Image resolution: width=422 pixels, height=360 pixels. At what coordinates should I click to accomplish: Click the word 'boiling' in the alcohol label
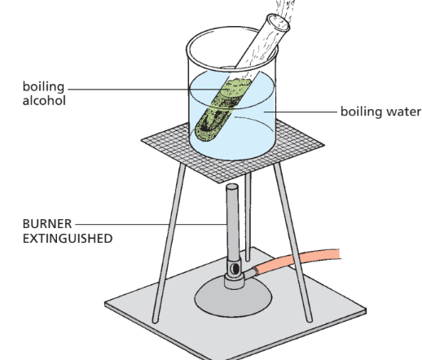click(43, 87)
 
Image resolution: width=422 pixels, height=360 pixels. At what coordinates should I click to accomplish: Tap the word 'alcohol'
click(44, 101)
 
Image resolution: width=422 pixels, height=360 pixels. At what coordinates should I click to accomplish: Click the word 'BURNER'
click(47, 224)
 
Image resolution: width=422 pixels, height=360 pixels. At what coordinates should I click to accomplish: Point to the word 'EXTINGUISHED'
click(68, 239)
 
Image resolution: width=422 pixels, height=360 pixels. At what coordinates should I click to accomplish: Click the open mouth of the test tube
click(279, 23)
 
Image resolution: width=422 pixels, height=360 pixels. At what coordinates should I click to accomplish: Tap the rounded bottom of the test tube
click(206, 133)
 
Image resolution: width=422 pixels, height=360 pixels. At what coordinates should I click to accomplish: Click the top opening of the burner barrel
click(232, 187)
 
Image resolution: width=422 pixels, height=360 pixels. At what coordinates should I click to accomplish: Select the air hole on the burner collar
click(235, 269)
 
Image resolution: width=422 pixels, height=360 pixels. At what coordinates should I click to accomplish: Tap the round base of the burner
click(233, 298)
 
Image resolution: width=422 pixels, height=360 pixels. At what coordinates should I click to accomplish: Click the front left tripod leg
click(169, 243)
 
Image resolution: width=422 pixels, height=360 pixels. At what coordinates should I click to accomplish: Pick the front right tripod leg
click(292, 243)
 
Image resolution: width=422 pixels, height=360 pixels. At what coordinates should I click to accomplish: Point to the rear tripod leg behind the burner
click(248, 217)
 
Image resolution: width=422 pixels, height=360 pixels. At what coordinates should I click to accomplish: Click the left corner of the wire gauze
click(142, 140)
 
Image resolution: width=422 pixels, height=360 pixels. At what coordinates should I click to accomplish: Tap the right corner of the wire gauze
click(324, 145)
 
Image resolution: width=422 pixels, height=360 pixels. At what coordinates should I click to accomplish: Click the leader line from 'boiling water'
click(301, 112)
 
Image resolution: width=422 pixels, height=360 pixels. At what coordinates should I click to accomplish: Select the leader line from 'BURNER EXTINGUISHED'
click(151, 224)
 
